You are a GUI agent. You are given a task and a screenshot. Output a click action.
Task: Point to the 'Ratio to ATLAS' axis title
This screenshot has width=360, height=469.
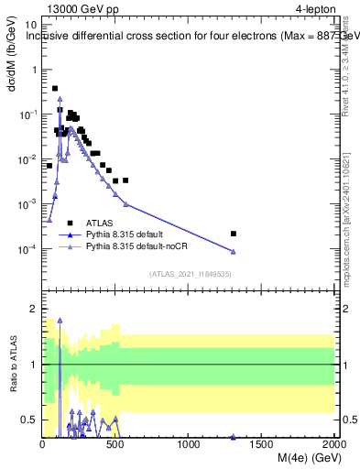click(14, 365)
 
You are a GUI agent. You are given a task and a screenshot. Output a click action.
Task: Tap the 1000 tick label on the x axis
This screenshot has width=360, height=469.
click(189, 444)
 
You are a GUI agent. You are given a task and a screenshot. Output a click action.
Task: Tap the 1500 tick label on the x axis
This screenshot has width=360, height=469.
click(262, 444)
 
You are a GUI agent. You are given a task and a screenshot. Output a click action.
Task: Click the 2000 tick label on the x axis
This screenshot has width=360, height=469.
click(333, 444)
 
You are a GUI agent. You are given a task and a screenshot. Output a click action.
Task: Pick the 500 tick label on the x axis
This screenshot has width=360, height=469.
click(116, 444)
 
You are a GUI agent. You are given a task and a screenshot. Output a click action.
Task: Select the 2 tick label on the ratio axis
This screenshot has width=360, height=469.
click(34, 310)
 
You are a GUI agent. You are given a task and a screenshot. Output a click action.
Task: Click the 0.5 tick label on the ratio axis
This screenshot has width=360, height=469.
click(30, 420)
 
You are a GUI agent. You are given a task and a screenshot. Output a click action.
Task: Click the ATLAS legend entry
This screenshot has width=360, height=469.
click(100, 223)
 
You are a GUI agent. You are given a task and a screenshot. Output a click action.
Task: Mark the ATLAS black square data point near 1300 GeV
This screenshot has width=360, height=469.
click(234, 234)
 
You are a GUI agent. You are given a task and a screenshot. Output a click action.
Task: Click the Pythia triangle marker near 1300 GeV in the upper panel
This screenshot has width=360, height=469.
click(234, 252)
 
